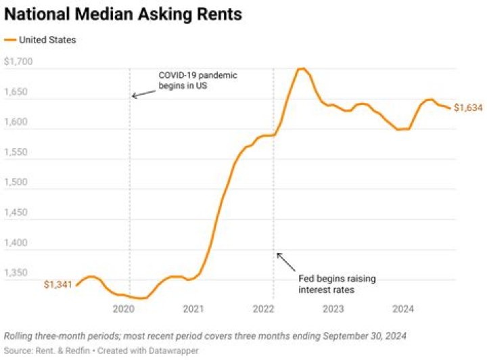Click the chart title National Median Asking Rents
pyautogui.click(x=124, y=14)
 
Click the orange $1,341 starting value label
pyautogui.click(x=58, y=285)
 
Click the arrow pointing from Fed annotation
pyautogui.click(x=286, y=262)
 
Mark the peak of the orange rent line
pyautogui.click(x=302, y=68)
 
